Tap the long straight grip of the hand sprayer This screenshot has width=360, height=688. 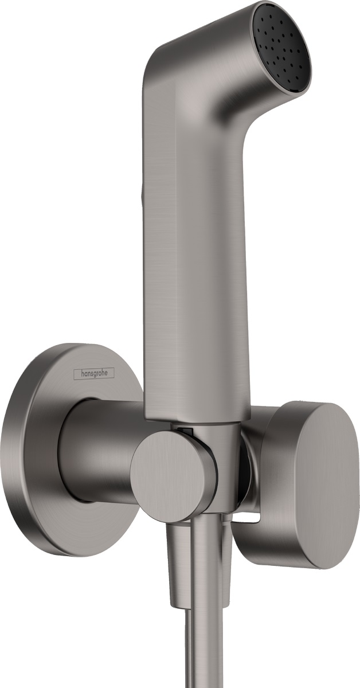pyautogui.click(x=195, y=258)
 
